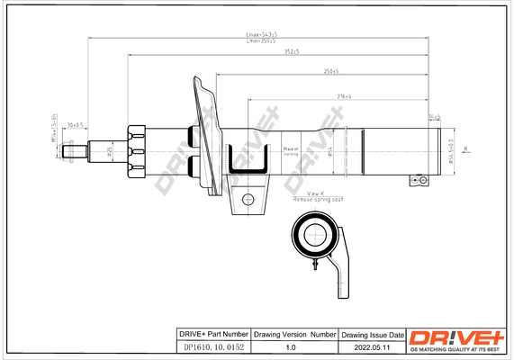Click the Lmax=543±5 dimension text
[261, 34]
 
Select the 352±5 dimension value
[289, 52]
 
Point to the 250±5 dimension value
[330, 70]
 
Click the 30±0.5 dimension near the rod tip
[76, 125]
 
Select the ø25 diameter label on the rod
[110, 151]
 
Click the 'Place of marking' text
[291, 151]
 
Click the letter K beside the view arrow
[465, 147]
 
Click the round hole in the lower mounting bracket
[248, 199]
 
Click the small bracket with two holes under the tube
[417, 180]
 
